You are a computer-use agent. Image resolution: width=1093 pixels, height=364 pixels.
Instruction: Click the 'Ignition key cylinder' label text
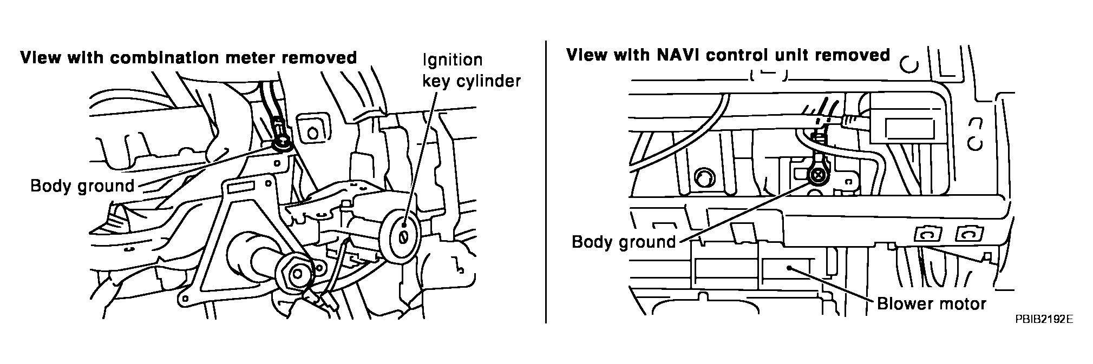click(471, 70)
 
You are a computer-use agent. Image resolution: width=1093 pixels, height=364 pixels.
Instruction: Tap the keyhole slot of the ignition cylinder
click(403, 237)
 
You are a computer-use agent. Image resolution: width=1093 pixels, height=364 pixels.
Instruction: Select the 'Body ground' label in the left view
click(82, 186)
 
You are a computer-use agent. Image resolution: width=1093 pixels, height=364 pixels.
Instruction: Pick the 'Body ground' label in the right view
click(624, 241)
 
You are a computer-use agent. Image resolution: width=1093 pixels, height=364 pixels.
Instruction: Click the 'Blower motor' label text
click(932, 303)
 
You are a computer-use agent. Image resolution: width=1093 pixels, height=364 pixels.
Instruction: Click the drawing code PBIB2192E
click(1044, 319)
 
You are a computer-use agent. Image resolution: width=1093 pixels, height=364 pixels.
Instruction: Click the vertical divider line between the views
click(545, 182)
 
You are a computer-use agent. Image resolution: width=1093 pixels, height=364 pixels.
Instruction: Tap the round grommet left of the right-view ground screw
click(704, 177)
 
